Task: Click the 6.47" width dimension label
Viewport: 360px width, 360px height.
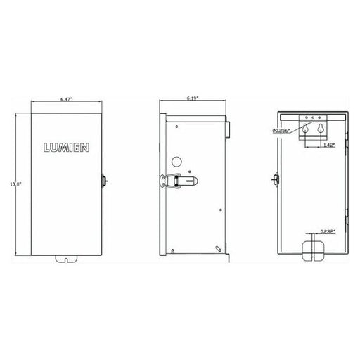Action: [x=67, y=99]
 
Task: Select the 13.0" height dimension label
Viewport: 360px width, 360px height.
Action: [x=15, y=184]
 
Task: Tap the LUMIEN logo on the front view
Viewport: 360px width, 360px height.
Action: [x=66, y=148]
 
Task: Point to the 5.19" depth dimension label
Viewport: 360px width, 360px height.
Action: [x=193, y=98]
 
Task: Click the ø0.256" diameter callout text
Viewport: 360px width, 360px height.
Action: [x=281, y=131]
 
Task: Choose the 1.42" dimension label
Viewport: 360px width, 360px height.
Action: [x=328, y=145]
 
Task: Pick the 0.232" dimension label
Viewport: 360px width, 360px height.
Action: [x=328, y=232]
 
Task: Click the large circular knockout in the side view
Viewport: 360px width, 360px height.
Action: [x=176, y=162]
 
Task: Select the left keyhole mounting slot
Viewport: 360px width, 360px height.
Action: [x=305, y=128]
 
